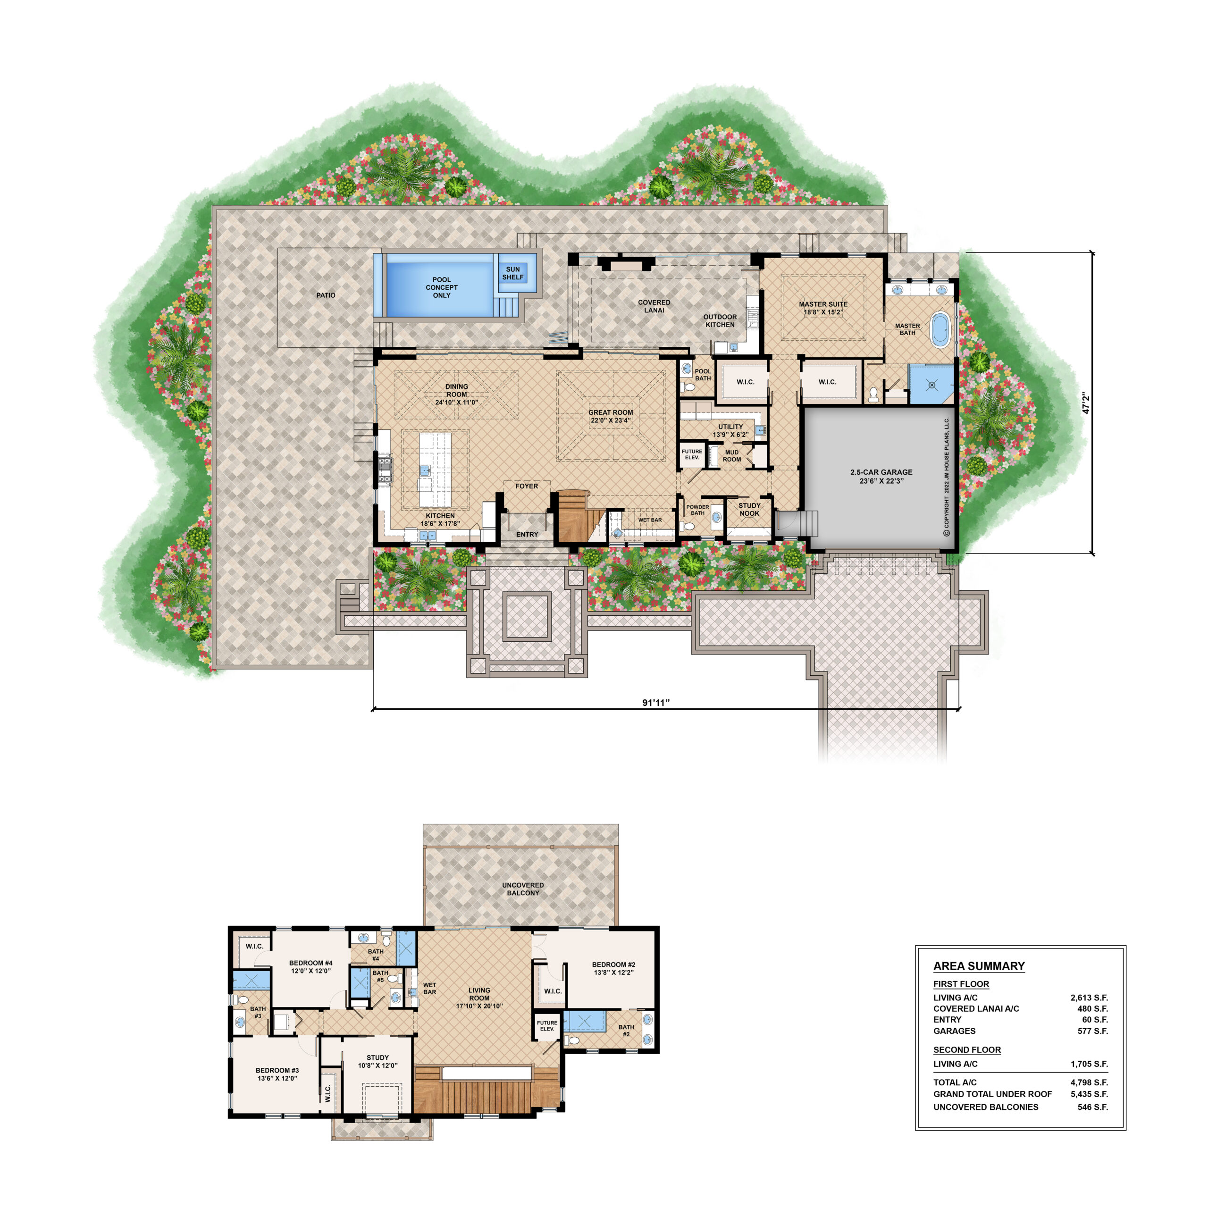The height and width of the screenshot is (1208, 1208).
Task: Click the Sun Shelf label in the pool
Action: [x=513, y=273]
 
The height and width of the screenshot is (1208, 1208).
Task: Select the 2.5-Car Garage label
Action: [x=881, y=472]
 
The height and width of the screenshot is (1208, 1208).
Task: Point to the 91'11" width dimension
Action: [x=656, y=703]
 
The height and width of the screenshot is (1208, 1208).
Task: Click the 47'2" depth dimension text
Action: [x=1086, y=403]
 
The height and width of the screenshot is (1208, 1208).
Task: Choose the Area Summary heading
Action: [x=979, y=966]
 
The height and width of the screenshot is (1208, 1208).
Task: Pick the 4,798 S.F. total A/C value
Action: [x=1089, y=1082]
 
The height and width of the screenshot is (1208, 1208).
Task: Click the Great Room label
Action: [x=611, y=413]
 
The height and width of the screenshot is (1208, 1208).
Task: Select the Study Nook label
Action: [x=750, y=510]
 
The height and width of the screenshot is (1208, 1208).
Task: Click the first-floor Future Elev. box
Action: [x=692, y=454]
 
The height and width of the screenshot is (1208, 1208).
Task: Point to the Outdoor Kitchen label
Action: [x=720, y=321]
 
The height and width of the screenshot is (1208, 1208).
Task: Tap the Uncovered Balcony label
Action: [x=523, y=889]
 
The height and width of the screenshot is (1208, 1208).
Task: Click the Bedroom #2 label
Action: [x=613, y=965]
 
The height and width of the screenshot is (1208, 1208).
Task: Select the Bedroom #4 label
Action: [x=311, y=963]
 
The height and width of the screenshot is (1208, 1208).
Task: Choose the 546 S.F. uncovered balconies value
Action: [x=1093, y=1107]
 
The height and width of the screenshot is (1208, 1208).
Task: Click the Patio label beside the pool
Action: [x=326, y=295]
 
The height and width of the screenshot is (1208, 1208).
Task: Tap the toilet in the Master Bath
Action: [x=873, y=394]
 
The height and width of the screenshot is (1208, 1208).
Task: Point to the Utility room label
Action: [x=730, y=427]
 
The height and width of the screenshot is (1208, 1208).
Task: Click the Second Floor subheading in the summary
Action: [x=967, y=1050]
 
